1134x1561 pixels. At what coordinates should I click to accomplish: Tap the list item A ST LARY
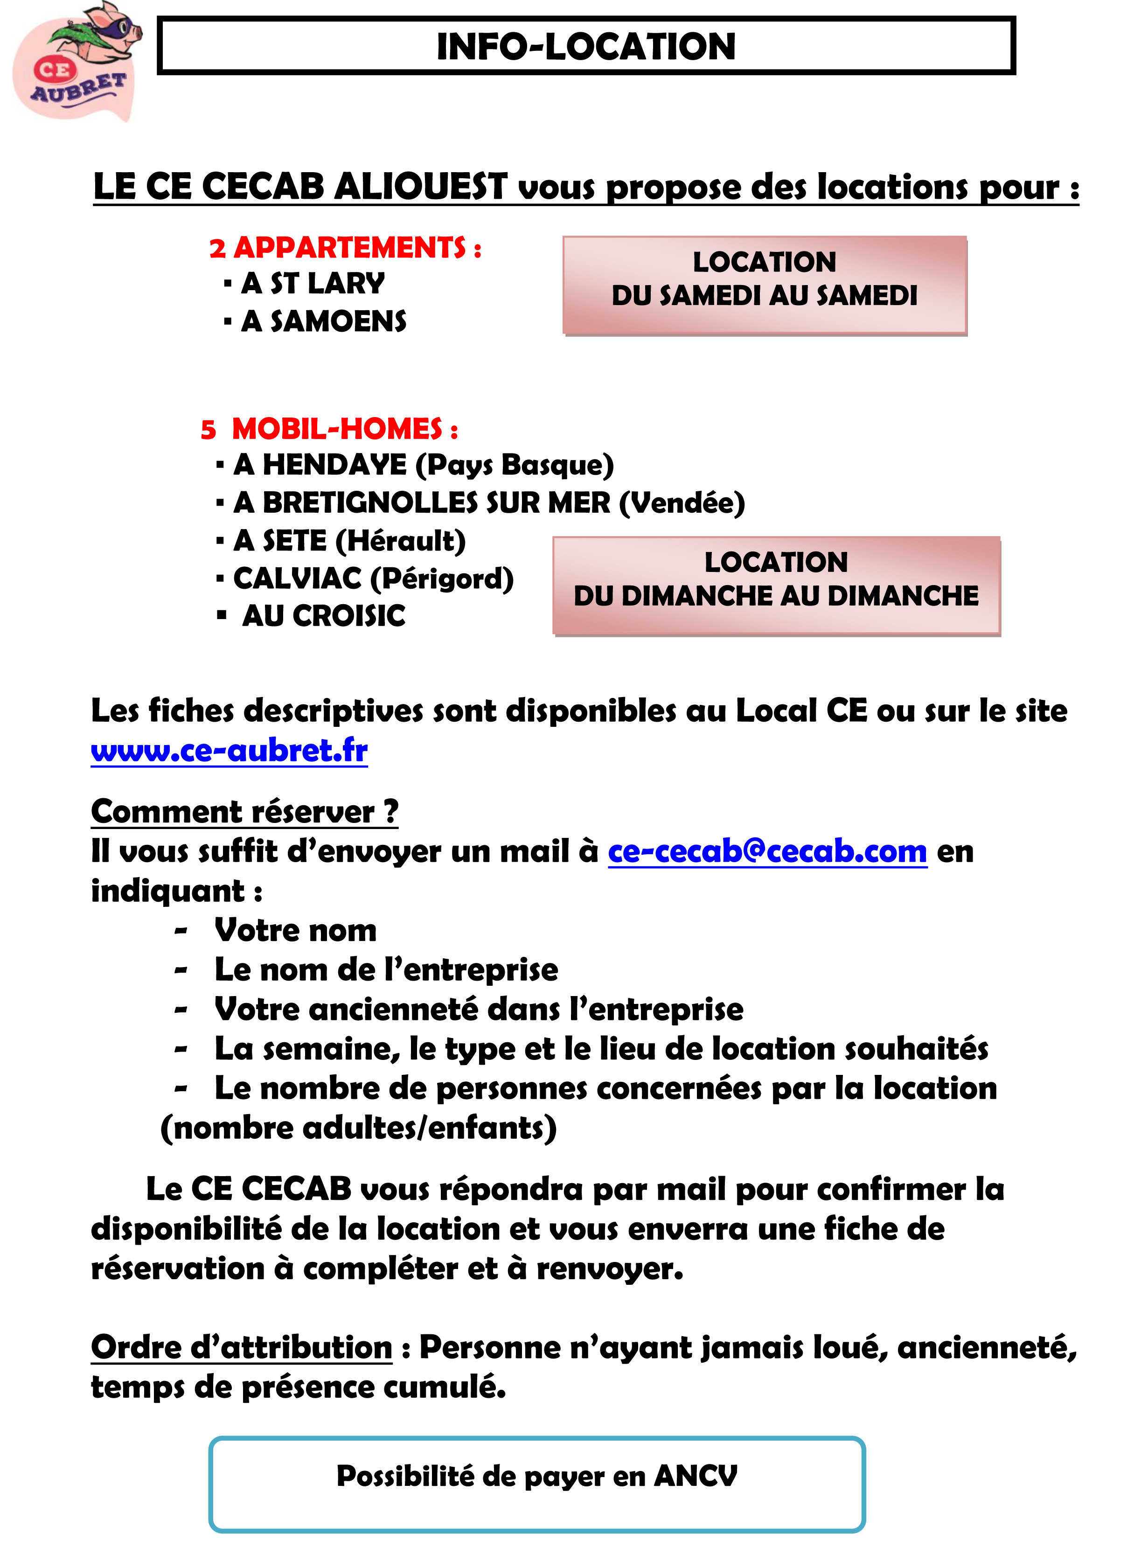[313, 284]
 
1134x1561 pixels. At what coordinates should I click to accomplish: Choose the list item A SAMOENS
[323, 321]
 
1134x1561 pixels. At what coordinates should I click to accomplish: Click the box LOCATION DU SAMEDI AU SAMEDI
[765, 285]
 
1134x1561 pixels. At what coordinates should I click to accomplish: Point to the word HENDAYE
[334, 465]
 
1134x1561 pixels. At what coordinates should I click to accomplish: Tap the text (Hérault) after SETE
[401, 541]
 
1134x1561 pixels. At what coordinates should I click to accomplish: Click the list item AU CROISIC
[323, 616]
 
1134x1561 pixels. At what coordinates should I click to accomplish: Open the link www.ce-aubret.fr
[229, 750]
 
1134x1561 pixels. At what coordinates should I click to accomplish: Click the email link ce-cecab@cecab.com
[767, 851]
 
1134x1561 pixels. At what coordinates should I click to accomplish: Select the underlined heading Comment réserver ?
[244, 812]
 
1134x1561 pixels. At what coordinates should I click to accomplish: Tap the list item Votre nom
[295, 931]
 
